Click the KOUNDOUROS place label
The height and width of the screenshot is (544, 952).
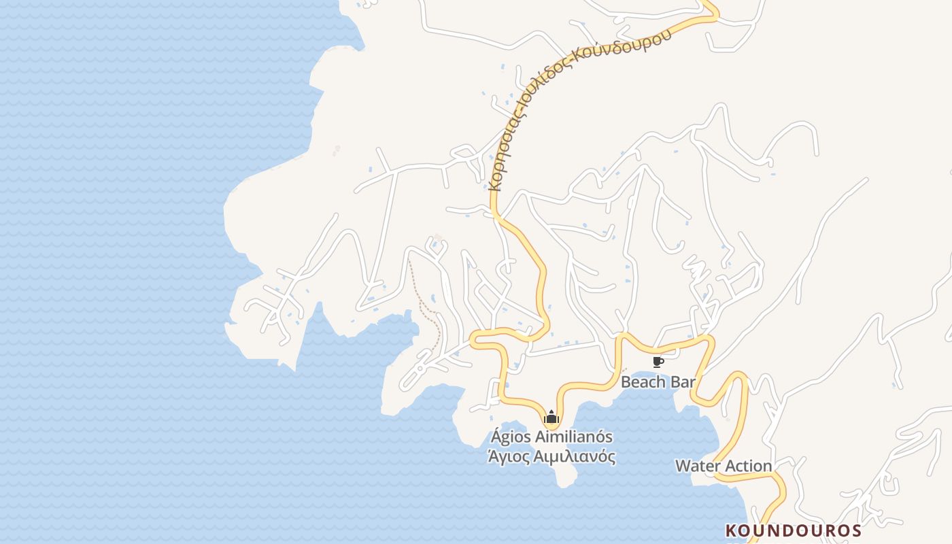(x=794, y=530)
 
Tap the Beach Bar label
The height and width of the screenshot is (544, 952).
(x=658, y=381)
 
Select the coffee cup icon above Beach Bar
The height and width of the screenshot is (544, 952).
(x=658, y=362)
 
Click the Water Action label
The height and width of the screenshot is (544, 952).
(x=724, y=466)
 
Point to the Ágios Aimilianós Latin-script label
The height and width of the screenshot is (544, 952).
(x=551, y=437)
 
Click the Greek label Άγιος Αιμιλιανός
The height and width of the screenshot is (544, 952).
(x=551, y=456)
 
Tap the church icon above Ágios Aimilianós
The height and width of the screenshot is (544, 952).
(x=551, y=417)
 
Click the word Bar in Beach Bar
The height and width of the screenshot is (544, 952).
(x=682, y=381)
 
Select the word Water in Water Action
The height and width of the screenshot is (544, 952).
(x=697, y=466)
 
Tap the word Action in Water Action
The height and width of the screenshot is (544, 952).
(x=748, y=466)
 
